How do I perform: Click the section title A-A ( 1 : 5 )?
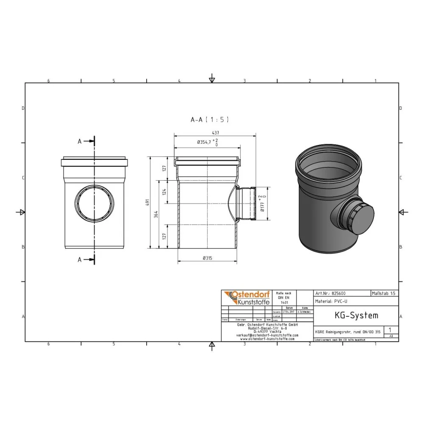[209, 120]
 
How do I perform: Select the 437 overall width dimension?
[215, 132]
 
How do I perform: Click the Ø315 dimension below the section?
[207, 258]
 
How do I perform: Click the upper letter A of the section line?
[79, 142]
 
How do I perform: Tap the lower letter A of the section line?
[79, 260]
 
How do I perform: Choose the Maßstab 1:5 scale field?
[384, 293]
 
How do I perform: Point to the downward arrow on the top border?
[212, 79]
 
